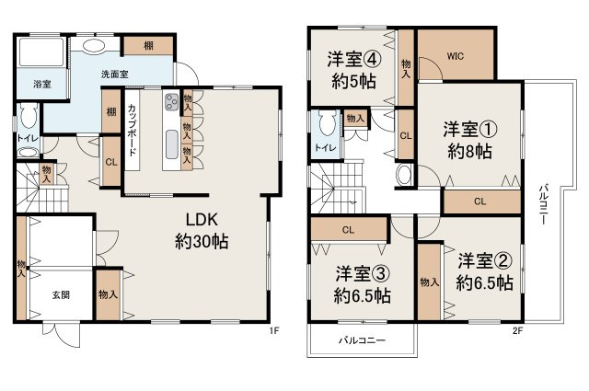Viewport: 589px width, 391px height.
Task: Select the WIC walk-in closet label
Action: pos(455,55)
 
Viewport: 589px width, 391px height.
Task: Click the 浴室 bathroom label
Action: pos(29,85)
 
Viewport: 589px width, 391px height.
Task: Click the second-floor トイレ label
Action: pos(324,147)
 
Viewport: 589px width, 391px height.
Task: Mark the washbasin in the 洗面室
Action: pos(93,47)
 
